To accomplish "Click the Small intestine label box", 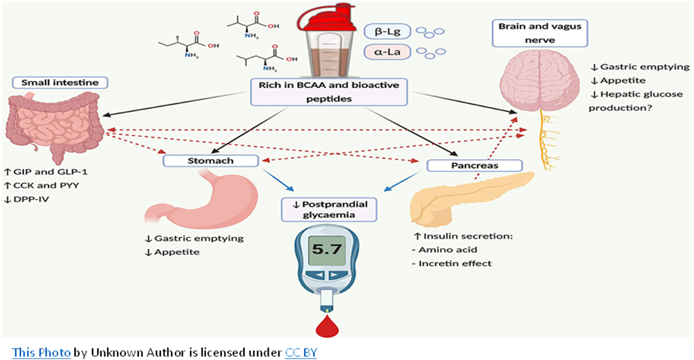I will [59, 83].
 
